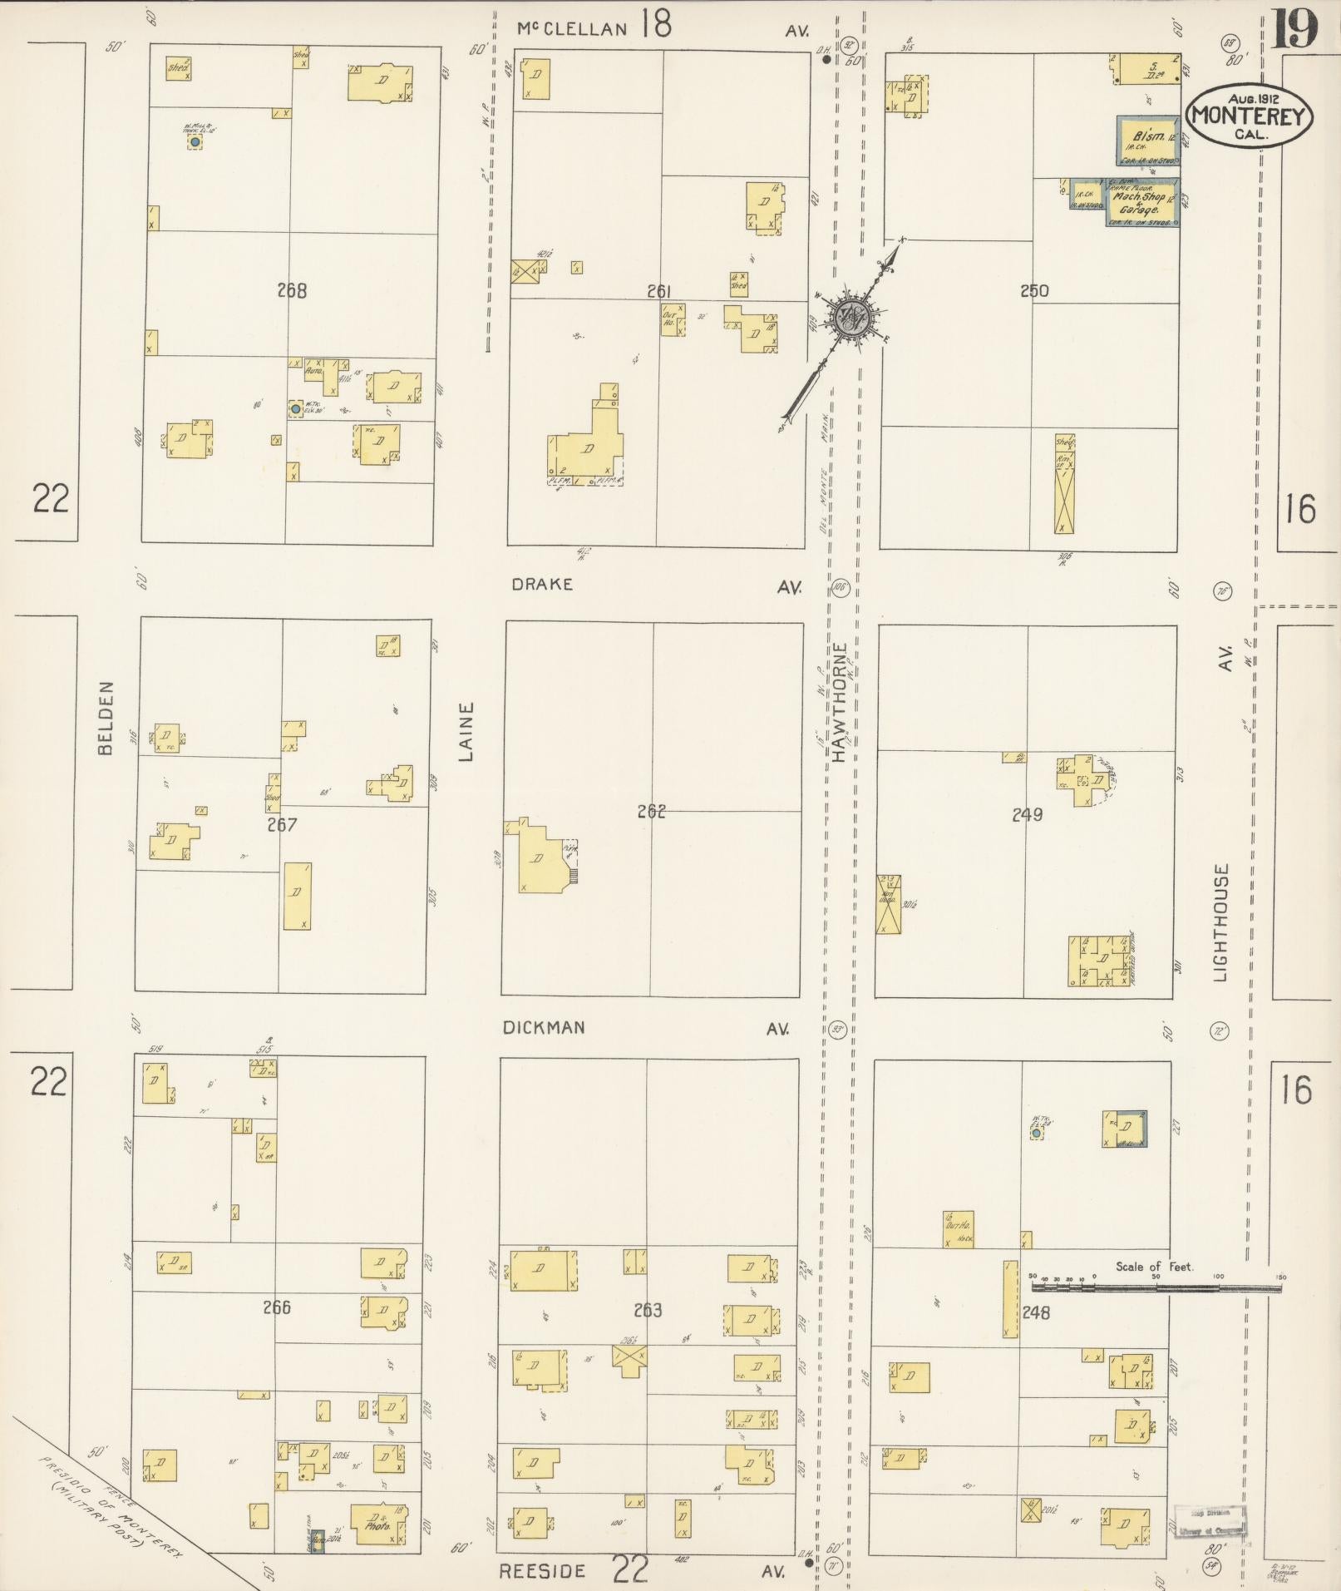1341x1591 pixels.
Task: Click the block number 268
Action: (292, 291)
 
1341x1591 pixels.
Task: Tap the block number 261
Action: (658, 291)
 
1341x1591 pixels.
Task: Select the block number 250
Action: (1034, 291)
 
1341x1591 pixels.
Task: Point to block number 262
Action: (652, 811)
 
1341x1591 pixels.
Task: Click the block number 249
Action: (1028, 815)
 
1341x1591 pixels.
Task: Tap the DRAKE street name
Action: (542, 584)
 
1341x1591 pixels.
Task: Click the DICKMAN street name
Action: (544, 1027)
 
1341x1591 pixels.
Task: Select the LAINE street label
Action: (466, 731)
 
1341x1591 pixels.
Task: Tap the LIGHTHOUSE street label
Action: (1220, 922)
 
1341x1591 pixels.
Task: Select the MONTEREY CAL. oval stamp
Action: (1250, 116)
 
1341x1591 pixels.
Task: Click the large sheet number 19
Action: (1295, 29)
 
